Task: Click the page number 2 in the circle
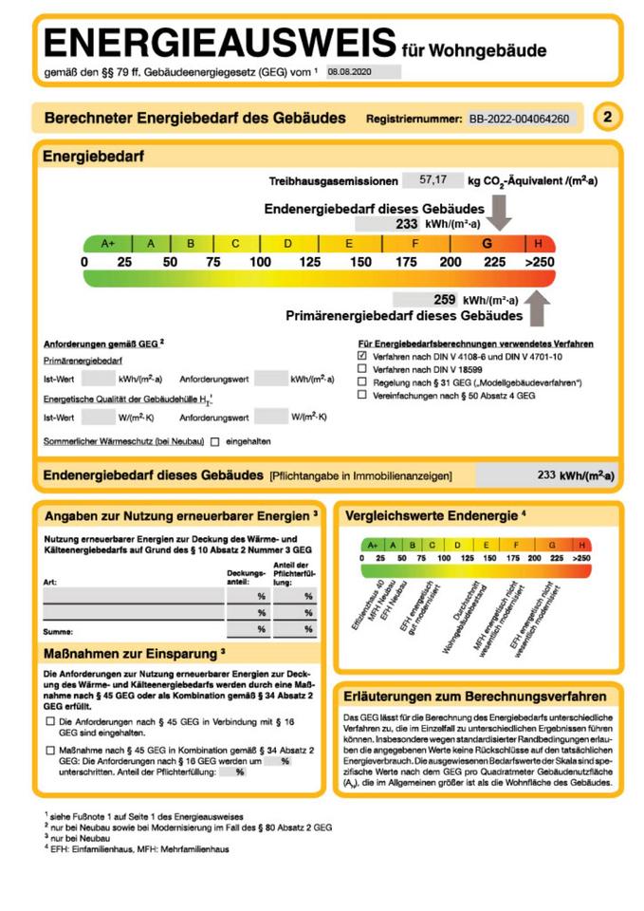(x=608, y=118)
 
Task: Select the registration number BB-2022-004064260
(x=520, y=119)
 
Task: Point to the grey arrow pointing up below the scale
(x=538, y=307)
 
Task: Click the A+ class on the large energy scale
(x=108, y=243)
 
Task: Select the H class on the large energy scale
(x=539, y=243)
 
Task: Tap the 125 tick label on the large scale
(x=310, y=262)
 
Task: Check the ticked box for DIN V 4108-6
(x=361, y=355)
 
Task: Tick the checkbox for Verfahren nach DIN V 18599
(x=361, y=368)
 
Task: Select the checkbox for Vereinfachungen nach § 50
(x=361, y=394)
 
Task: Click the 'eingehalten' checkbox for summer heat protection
(x=215, y=441)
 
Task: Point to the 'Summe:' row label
(x=57, y=630)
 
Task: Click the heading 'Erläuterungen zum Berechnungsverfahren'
(x=476, y=694)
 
